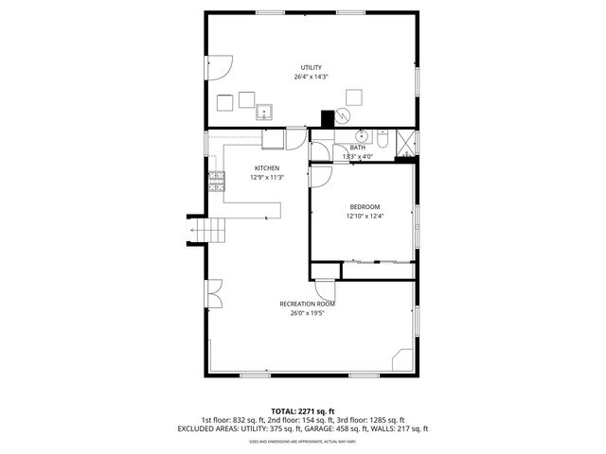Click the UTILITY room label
coord(311,67)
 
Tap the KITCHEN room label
coord(266,168)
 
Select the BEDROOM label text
coord(365,207)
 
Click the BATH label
coord(358,148)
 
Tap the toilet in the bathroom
coord(382,139)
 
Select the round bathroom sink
coord(362,136)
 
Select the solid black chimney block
coord(329,119)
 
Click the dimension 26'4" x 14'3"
coord(311,77)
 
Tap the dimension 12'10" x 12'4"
coord(365,217)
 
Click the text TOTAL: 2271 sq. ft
coord(302,411)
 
